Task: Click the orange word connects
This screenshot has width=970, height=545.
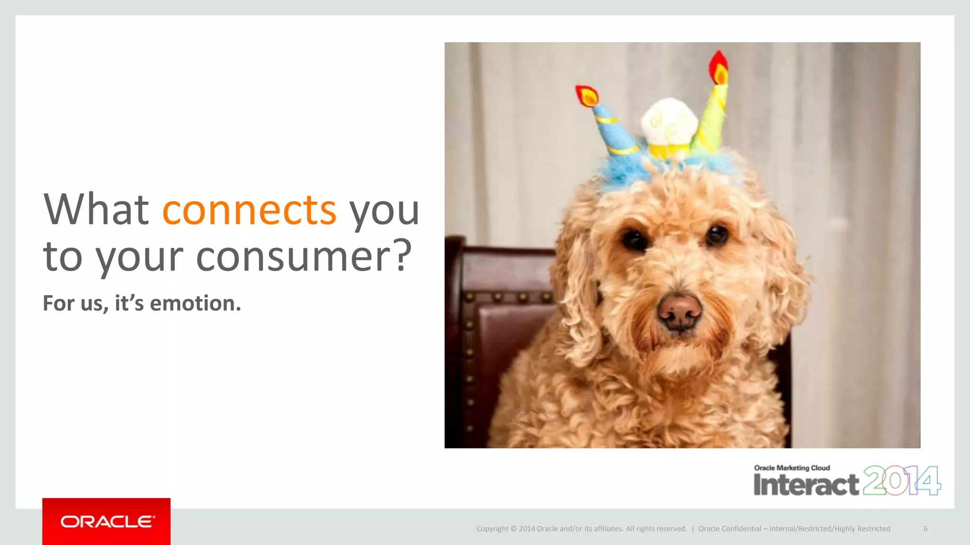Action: tap(249, 210)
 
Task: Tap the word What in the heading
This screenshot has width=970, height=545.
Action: tap(96, 210)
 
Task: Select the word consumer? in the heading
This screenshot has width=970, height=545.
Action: tap(304, 256)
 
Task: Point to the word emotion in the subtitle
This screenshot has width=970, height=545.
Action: tap(195, 303)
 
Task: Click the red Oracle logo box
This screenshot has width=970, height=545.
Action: tap(106, 521)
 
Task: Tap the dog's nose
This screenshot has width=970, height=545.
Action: tap(679, 312)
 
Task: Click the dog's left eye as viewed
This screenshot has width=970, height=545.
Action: tap(635, 239)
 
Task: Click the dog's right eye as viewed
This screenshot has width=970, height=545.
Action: tap(716, 235)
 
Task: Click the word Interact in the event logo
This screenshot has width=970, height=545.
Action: tap(806, 484)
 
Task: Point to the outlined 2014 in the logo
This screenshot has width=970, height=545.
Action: tap(902, 481)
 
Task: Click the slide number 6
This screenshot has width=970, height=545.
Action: tap(925, 529)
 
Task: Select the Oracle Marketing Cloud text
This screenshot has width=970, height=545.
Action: tap(792, 468)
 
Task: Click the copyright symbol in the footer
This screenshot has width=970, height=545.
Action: tap(513, 529)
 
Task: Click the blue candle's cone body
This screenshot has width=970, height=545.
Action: tap(614, 130)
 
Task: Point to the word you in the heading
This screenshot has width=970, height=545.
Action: tap(384, 210)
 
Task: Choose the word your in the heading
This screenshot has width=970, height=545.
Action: tap(139, 256)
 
